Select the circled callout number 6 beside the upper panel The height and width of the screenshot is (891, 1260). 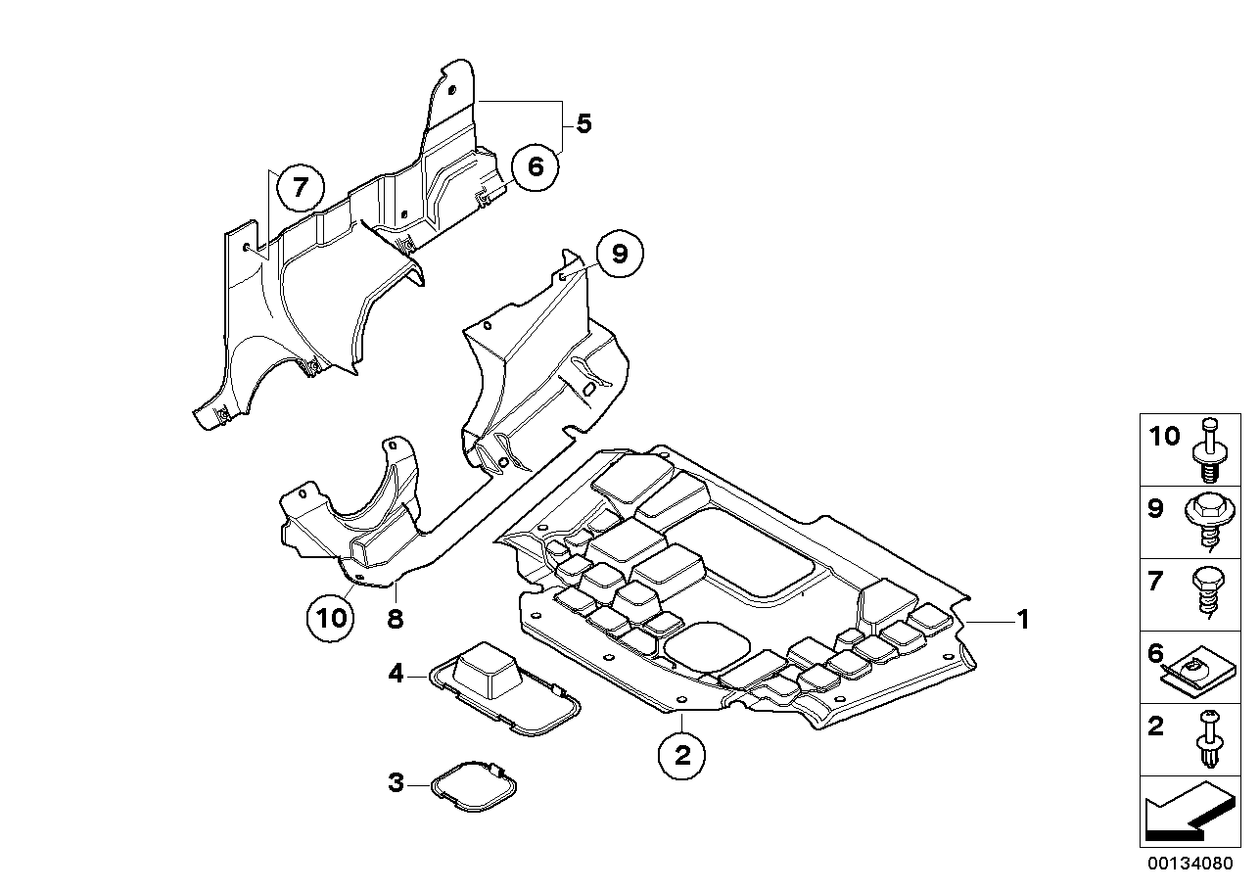[x=535, y=167]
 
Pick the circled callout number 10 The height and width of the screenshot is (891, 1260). [x=331, y=617]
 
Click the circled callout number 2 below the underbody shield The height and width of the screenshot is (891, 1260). [x=682, y=754]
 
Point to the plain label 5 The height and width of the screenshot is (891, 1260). [x=583, y=124]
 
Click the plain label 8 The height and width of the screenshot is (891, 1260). [x=395, y=619]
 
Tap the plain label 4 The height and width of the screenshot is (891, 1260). [x=396, y=673]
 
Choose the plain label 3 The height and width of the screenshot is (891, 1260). [x=396, y=782]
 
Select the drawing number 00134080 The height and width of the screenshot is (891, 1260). [x=1188, y=865]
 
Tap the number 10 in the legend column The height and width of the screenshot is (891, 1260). [x=1164, y=437]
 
